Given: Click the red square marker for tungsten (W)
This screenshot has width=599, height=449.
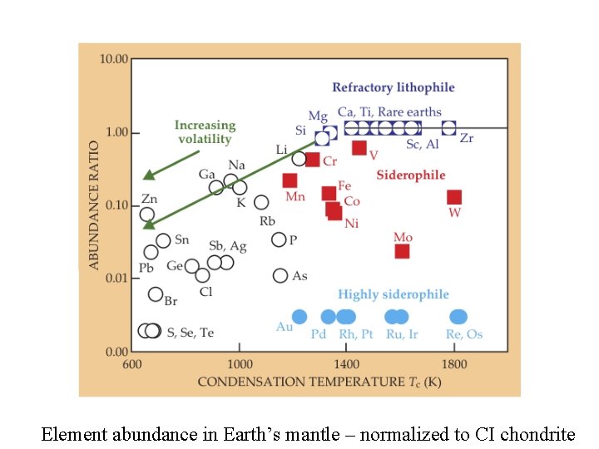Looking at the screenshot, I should point(454,197).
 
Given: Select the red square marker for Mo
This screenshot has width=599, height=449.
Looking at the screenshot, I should point(402,251).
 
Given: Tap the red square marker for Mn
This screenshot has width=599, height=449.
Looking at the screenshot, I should point(290,180).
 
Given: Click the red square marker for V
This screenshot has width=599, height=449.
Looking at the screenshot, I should point(359,148).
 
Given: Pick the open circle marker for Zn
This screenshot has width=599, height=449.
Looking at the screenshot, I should point(147,215).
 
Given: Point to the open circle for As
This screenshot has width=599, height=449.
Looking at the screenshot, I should point(280,275).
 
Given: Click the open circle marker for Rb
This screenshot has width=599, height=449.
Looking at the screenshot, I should point(261,202).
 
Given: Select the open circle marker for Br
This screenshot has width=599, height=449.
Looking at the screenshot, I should point(156,294).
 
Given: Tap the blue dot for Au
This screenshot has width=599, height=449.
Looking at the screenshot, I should point(299,316).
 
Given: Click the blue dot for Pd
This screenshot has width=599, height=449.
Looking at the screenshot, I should point(328,316).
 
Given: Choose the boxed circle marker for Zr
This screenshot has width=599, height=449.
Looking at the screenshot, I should point(448,127).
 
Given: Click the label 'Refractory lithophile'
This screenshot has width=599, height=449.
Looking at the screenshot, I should point(394,87).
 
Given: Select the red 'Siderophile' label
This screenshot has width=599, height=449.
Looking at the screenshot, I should point(411,175).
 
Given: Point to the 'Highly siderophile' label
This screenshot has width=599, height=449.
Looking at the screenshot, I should point(394,294).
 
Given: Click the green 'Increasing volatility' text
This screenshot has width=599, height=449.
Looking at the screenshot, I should point(205,132).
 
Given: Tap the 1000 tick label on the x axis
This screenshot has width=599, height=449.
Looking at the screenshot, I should point(240,363).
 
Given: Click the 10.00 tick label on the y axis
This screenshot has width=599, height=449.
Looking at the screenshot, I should point(114,59).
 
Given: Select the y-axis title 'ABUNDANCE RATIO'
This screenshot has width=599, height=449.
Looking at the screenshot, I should point(94,204).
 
